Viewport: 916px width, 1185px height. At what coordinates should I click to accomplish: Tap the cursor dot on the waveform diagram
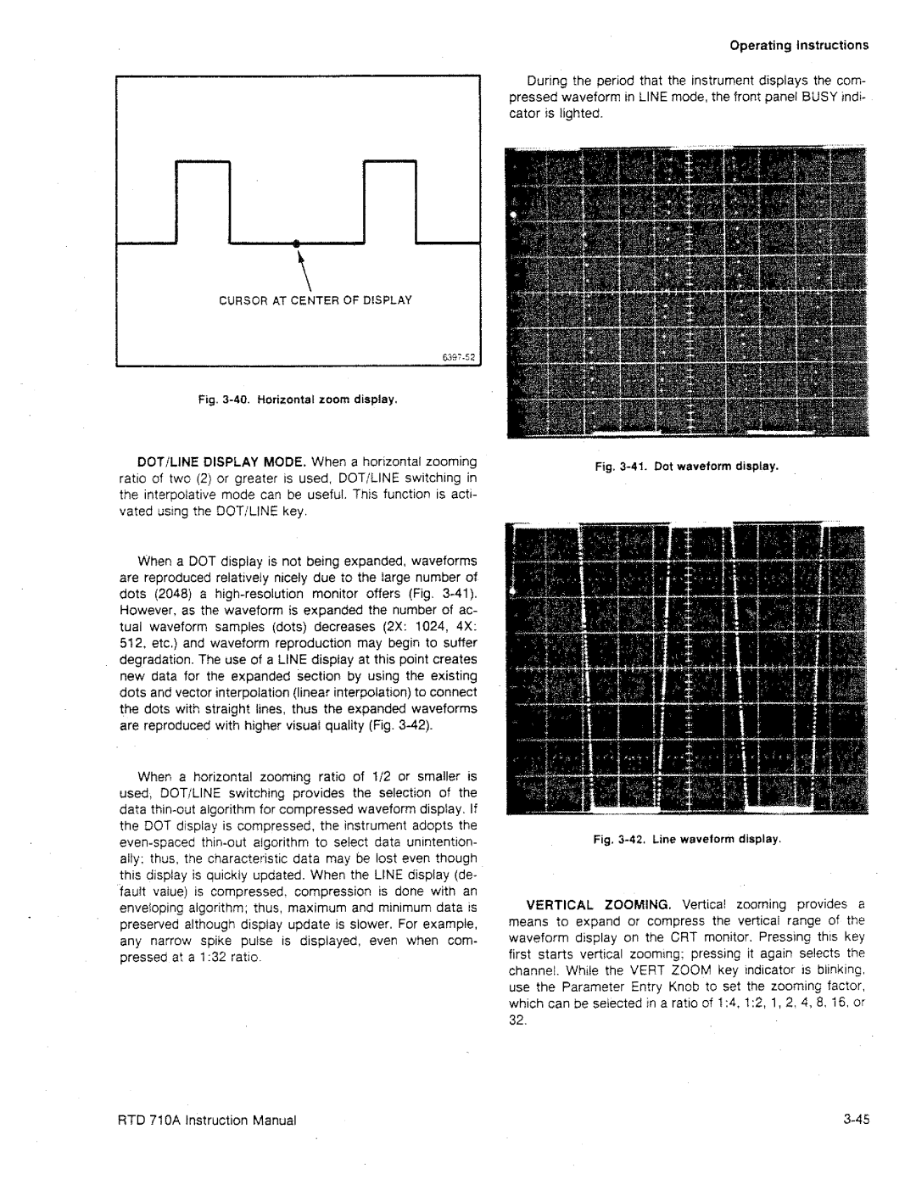coord(297,243)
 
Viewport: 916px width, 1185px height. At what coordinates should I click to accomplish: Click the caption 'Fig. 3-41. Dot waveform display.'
coord(685,467)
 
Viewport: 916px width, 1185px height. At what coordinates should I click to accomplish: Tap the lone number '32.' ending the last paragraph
coord(518,1020)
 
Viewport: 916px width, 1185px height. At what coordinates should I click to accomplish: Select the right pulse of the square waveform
coord(391,200)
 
